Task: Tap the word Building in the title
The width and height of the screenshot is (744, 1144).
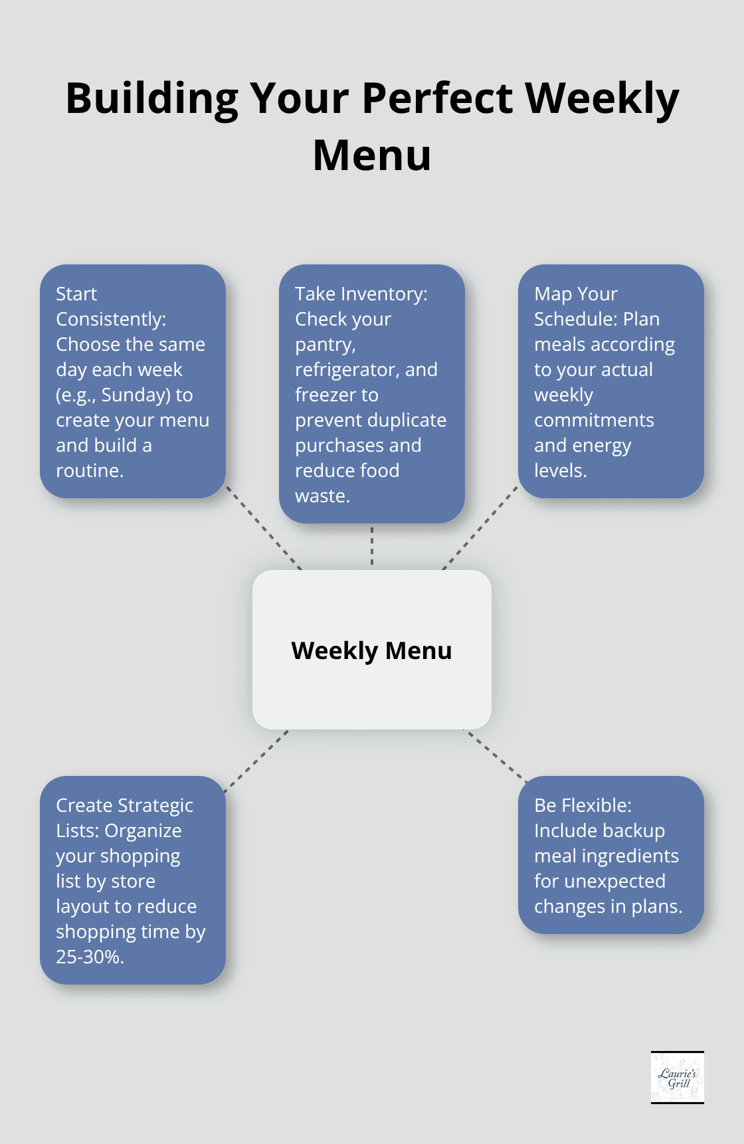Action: point(151,98)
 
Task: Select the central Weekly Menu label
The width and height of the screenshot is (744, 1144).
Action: point(371,650)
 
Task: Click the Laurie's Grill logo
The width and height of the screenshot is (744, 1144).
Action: point(677,1077)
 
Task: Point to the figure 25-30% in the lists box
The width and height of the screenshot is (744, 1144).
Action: point(90,957)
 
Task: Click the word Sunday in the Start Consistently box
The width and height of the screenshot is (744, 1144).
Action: point(136,395)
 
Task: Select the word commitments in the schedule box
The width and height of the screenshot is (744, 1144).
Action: point(594,420)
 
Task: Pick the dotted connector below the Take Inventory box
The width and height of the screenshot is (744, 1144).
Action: point(372,546)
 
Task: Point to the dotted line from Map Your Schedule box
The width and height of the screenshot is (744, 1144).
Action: point(480,528)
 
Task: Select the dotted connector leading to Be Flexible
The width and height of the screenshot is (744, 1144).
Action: point(495,755)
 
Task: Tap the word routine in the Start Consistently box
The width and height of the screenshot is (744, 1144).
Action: point(88,470)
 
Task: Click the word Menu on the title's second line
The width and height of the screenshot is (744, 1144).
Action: point(372,155)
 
